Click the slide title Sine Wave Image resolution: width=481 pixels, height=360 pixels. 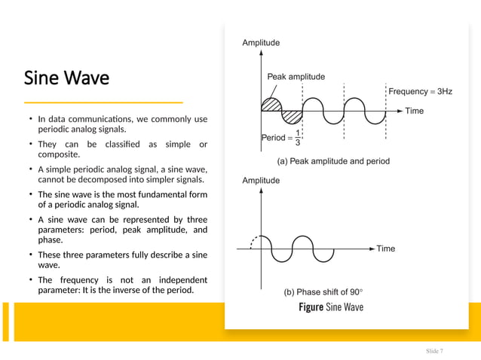tap(66, 78)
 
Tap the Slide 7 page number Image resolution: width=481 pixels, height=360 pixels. tap(434, 351)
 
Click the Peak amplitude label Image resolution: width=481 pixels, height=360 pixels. tap(296, 77)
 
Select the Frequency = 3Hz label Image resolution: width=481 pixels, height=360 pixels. tap(420, 91)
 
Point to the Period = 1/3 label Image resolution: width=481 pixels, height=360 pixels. tap(281, 138)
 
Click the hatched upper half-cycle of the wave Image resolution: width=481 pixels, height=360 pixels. tap(271, 105)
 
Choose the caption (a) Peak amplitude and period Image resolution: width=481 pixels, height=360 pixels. tap(333, 161)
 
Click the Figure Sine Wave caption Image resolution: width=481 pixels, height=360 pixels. tap(330, 307)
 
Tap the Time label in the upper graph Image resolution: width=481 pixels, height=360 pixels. tap(414, 111)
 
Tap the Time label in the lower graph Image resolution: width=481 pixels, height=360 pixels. tap(385, 249)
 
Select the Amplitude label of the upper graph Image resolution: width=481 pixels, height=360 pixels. tap(261, 43)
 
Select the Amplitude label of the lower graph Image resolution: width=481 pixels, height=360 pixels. tap(261, 181)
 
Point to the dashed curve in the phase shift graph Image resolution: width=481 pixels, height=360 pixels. tap(255, 241)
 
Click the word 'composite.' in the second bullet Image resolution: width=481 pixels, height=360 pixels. tap(59, 154)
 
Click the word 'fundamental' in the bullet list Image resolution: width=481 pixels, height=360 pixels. tap(158, 194)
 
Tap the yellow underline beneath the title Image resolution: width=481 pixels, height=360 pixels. tap(103, 102)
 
